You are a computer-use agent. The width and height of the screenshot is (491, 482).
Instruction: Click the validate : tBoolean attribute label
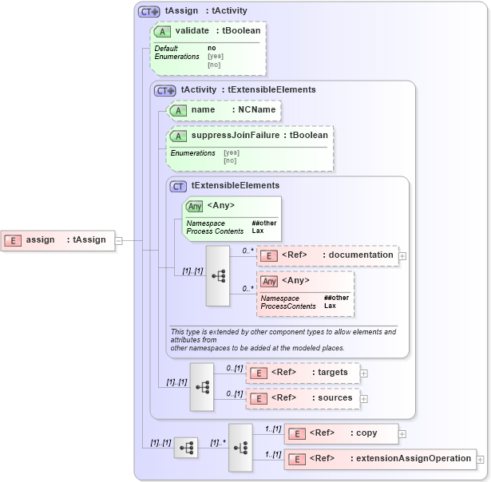point(217,30)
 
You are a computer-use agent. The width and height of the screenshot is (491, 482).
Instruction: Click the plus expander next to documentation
point(402,256)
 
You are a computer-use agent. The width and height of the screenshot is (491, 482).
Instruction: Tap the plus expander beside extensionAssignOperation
point(481,459)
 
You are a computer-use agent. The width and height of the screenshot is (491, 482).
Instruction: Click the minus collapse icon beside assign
point(119,239)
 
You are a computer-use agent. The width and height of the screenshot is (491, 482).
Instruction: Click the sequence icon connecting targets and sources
point(202,386)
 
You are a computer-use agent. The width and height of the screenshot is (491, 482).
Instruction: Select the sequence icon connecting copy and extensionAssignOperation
point(240,446)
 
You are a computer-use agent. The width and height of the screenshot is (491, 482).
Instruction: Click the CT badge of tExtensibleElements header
point(179,185)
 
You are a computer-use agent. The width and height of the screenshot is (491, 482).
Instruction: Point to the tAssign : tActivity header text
point(206,11)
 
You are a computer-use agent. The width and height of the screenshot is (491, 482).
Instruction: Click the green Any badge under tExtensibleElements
point(194,206)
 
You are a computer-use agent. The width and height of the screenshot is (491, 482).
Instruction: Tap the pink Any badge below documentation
point(270,281)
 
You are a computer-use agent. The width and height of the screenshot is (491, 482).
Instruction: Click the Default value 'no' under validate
point(212,48)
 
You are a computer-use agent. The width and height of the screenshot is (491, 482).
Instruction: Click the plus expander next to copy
point(402,433)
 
